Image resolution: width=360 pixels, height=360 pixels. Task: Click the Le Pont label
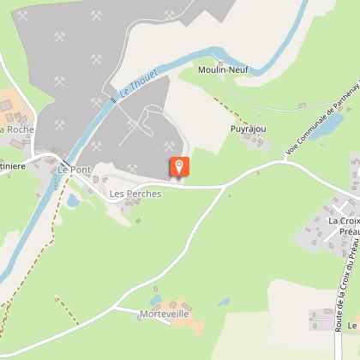click(x=74, y=170)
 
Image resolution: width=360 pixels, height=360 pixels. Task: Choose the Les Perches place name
click(x=135, y=194)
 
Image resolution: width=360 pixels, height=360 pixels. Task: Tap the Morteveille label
click(x=163, y=315)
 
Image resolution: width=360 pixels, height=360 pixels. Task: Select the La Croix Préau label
click(x=344, y=225)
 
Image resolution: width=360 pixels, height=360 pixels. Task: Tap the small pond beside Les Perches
click(x=74, y=200)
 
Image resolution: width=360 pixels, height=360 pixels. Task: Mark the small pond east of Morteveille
click(x=224, y=302)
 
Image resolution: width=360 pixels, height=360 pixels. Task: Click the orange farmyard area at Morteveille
click(x=184, y=308)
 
